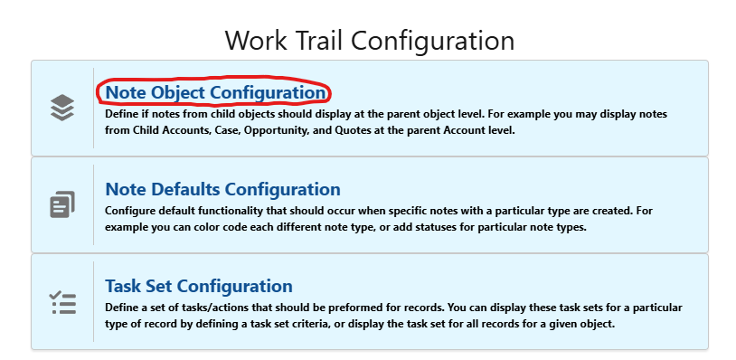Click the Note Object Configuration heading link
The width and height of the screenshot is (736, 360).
(x=215, y=92)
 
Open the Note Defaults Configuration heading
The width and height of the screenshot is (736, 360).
(x=222, y=189)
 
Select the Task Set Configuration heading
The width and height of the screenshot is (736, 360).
(x=199, y=286)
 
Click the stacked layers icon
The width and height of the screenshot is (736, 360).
(x=61, y=108)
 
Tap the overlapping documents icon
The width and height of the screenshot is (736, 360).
(x=61, y=204)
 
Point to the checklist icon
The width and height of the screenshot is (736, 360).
(x=61, y=301)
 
